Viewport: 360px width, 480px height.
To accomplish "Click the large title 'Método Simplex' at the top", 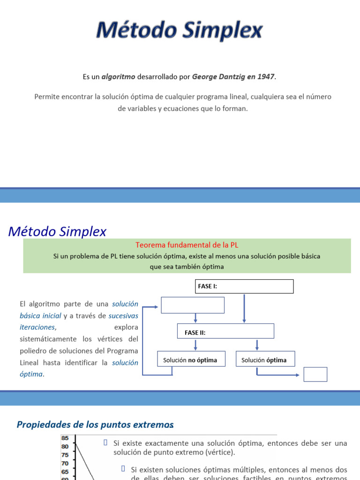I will (180, 31).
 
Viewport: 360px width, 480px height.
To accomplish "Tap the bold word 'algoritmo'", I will (119, 76).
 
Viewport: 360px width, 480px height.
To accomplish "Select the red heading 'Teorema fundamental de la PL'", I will (187, 245).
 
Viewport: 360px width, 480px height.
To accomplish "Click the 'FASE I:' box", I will (244, 286).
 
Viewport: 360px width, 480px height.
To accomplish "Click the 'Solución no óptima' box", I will (190, 360).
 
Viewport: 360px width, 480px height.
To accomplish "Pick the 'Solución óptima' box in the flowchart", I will (265, 360).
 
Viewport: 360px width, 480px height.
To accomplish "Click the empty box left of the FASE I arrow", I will (193, 305).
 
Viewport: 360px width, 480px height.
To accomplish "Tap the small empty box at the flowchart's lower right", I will (315, 374).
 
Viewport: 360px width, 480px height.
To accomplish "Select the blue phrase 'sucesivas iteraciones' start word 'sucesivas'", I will (123, 315).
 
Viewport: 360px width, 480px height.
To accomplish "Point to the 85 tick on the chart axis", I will (65, 438).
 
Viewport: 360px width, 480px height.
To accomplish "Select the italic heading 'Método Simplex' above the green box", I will (58, 232).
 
